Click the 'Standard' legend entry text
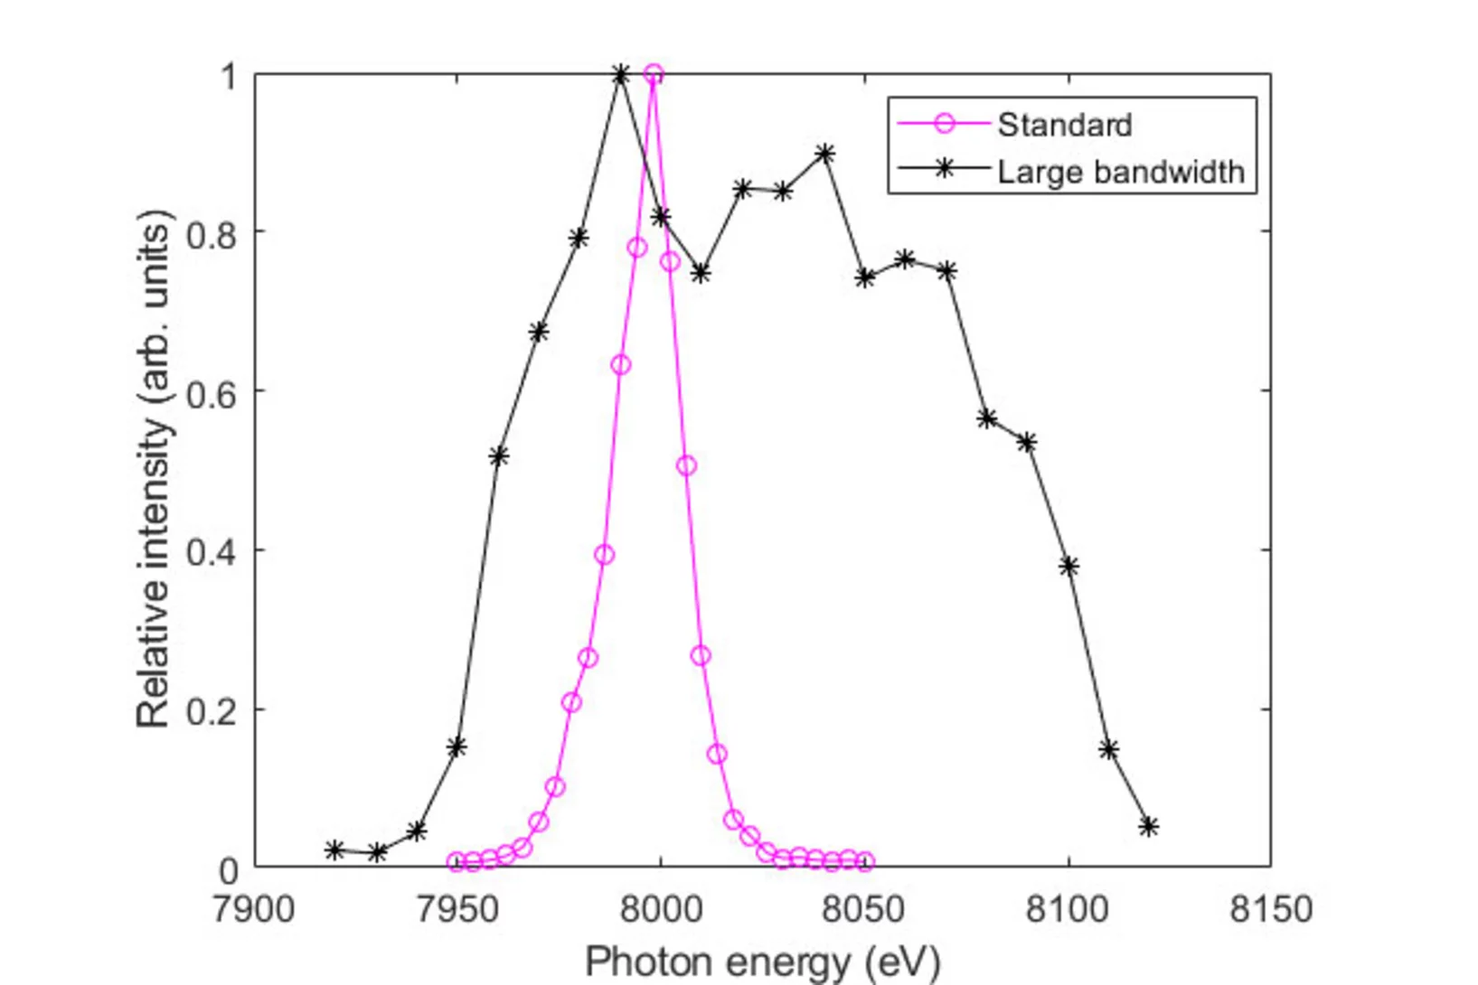pos(1064,125)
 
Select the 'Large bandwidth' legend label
pos(1120,172)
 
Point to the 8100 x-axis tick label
pos(1068,908)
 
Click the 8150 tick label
pos(1271,908)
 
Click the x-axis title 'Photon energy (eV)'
pos(762,962)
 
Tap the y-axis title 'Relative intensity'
pos(153,470)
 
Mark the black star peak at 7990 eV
pos(620,75)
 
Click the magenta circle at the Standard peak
pos(654,74)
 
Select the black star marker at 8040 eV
pos(824,154)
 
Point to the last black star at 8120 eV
pos(1149,826)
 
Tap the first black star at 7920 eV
pos(335,849)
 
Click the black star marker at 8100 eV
pos(1069,567)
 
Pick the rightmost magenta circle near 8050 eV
pos(865,861)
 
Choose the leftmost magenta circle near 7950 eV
pos(457,862)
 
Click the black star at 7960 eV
pos(498,456)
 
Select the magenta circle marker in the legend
pos(944,124)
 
